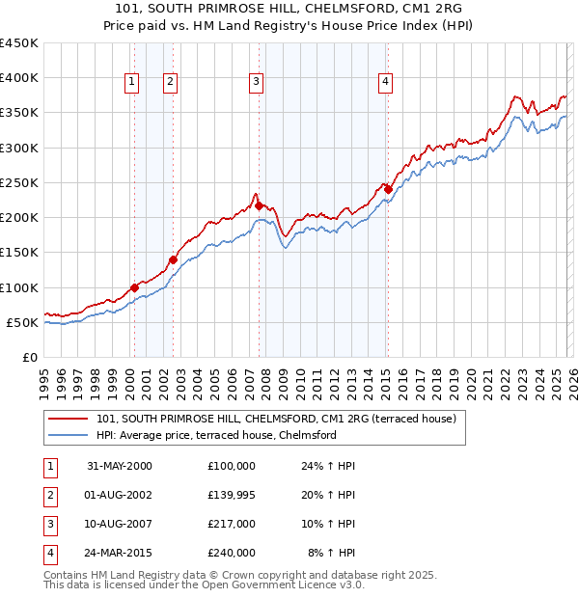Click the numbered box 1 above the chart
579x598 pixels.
(131, 82)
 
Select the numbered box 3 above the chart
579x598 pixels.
(257, 82)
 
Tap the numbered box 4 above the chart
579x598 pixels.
(385, 82)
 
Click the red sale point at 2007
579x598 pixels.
(259, 205)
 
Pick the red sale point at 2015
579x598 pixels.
(388, 189)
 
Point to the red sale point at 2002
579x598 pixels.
(173, 258)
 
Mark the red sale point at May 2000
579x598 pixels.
(134, 286)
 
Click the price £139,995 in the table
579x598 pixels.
(231, 496)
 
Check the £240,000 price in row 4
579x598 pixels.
(231, 553)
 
